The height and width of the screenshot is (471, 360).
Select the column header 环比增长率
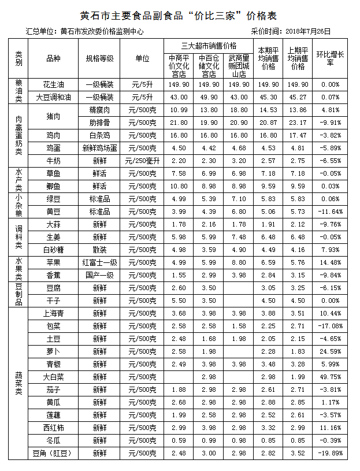(x=331, y=58)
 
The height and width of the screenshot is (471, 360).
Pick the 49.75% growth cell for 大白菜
(x=331, y=377)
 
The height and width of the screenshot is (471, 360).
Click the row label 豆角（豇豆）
(x=53, y=453)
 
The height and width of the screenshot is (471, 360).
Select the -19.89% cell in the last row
(x=331, y=453)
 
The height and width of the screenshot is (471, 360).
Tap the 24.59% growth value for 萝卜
(x=331, y=351)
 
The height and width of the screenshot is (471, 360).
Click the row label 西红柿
(x=53, y=428)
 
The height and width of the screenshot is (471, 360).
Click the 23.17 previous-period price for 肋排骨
(x=298, y=123)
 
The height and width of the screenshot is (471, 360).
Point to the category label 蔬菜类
(x=18, y=383)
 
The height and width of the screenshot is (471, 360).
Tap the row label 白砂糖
(x=53, y=250)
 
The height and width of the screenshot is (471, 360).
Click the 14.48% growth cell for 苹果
(x=331, y=262)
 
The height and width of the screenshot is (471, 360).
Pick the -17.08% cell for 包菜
(x=331, y=326)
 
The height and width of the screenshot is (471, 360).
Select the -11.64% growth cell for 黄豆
(x=331, y=212)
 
